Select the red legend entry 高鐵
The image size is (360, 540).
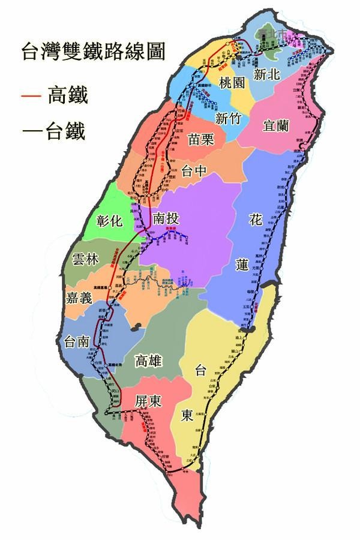[x=58, y=95]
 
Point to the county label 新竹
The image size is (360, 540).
[x=229, y=118]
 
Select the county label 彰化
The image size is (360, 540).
[x=109, y=220]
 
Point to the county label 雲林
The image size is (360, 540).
[x=85, y=259]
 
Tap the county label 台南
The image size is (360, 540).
[x=77, y=341]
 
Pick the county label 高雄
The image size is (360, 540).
[x=149, y=360]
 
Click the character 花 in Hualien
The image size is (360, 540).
[x=254, y=220]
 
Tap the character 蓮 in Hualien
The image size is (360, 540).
[x=254, y=262]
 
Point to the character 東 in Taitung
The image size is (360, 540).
[x=187, y=415]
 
